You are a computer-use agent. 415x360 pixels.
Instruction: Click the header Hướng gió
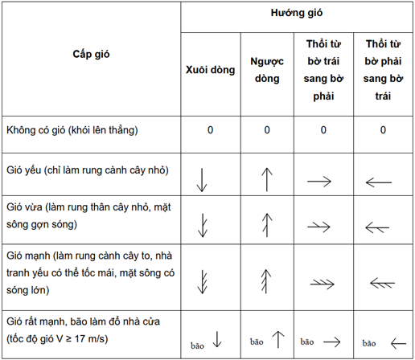[x=298, y=15]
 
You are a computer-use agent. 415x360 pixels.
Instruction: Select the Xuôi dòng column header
[x=210, y=70]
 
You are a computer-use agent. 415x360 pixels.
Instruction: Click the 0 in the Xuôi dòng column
[x=210, y=129]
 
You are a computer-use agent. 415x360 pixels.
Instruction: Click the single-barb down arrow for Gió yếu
[x=202, y=177]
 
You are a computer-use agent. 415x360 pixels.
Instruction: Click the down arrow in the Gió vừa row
[x=203, y=223]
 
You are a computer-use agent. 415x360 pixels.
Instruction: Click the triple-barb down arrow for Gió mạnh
[x=203, y=276]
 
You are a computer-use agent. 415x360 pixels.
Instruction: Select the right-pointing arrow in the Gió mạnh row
[x=323, y=282]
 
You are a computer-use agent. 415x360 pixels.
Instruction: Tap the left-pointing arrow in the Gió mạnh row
[x=381, y=282]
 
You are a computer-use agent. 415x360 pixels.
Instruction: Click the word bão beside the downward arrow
[x=198, y=345]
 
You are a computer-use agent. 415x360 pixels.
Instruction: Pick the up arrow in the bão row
[x=278, y=338]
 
